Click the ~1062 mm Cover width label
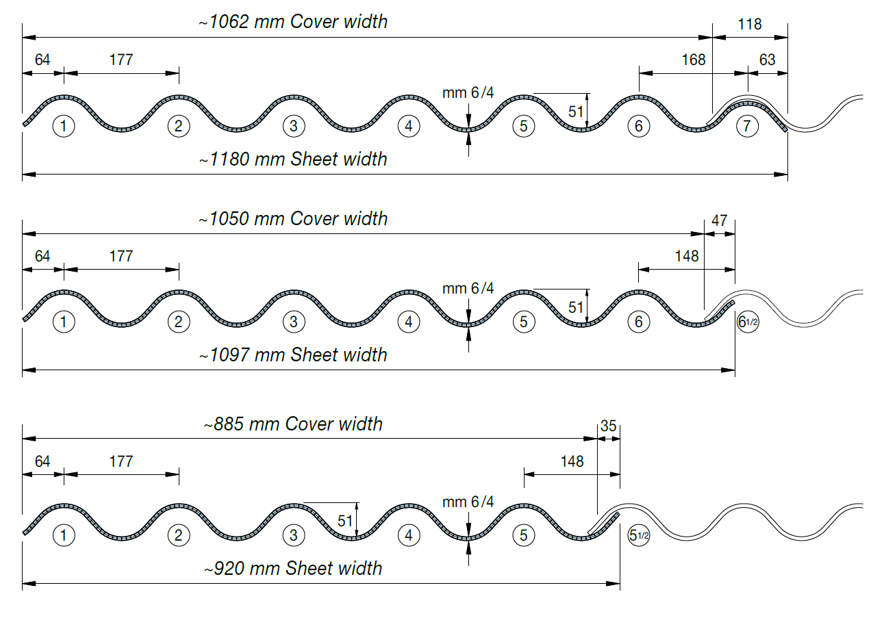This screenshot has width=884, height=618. (293, 22)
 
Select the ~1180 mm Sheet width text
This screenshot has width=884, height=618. (293, 159)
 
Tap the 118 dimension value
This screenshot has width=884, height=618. (750, 24)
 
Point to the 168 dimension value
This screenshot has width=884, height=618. (694, 60)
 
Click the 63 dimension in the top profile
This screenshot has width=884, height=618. (768, 60)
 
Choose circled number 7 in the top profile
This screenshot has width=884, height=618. (748, 126)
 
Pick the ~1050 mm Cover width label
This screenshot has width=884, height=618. (293, 219)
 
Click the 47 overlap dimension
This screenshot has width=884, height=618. (719, 221)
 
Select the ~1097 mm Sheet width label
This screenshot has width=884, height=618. (293, 355)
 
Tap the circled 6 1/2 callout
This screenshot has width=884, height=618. (748, 322)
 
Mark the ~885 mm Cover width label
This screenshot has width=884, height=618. (293, 424)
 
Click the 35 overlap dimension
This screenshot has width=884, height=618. (608, 426)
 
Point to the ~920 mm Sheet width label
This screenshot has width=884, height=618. (293, 569)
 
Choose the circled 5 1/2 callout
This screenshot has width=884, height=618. (638, 535)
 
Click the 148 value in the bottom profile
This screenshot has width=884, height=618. (572, 461)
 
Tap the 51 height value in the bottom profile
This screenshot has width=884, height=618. (346, 522)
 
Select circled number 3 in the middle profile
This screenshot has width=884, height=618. (293, 322)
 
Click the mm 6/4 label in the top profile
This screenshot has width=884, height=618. (468, 94)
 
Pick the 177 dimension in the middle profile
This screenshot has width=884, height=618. (121, 256)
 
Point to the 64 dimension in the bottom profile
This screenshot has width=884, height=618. (42, 461)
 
